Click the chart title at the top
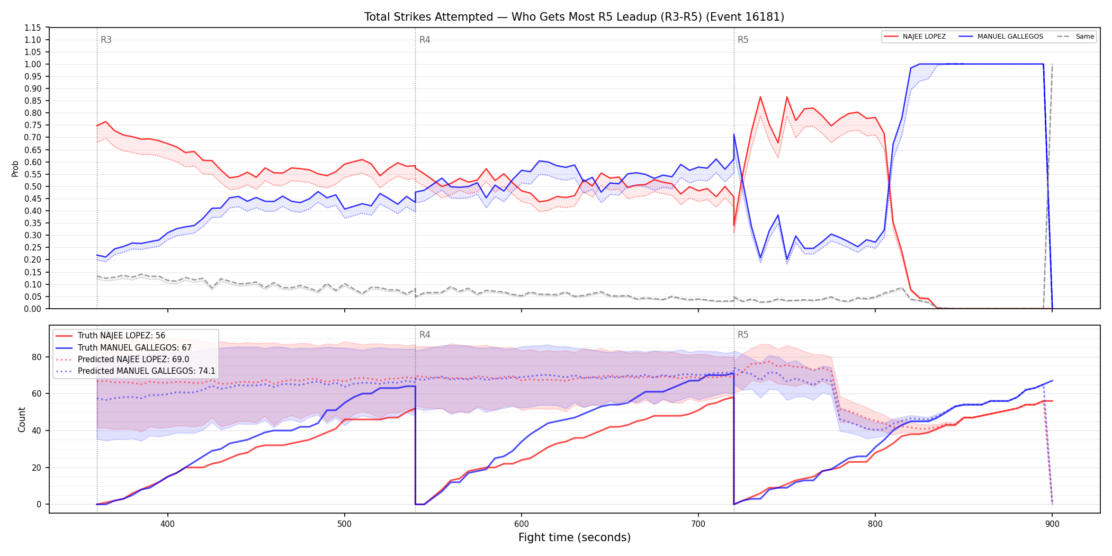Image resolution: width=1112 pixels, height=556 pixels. pos(574,17)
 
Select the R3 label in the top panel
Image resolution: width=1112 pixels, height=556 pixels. pos(106,40)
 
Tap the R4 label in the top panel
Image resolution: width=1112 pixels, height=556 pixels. pos(425,40)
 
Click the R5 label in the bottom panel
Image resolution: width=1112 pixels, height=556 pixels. pos(743,335)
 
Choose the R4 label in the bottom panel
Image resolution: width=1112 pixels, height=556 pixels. pos(425,335)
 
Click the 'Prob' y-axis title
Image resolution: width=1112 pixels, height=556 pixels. pos(15,168)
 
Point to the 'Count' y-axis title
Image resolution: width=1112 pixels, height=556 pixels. pos(22,419)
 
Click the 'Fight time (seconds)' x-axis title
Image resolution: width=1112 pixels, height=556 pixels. pos(575,537)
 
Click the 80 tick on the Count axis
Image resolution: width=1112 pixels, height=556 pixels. pos(37,357)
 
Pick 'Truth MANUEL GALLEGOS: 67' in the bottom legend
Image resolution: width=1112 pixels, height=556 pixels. pos(134,347)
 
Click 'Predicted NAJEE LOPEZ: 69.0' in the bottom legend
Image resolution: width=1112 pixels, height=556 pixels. pos(133,359)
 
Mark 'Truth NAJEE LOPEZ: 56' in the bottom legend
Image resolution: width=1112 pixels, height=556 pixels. pos(121,336)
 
